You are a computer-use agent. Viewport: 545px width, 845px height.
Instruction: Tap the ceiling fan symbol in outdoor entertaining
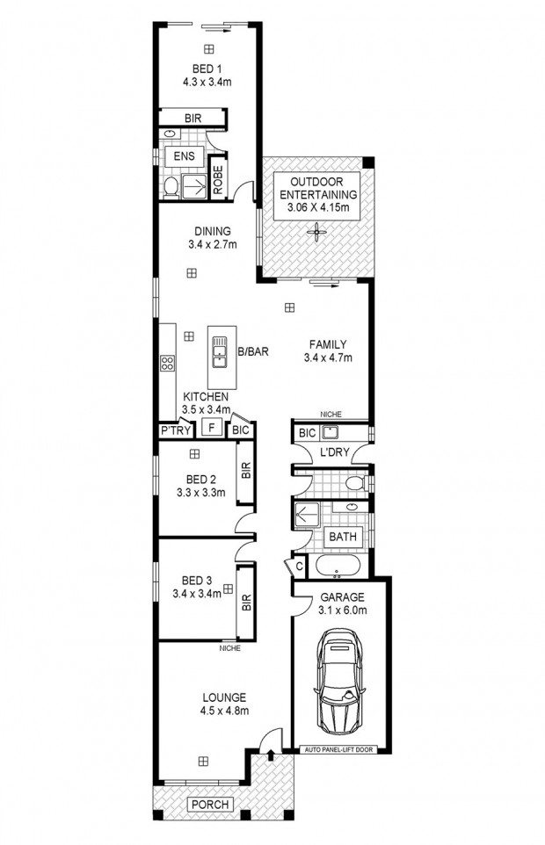316,234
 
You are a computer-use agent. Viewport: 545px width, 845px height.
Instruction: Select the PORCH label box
211,805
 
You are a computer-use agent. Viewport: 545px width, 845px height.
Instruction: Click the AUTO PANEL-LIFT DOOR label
338,749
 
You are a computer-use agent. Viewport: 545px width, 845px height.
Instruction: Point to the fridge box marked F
212,428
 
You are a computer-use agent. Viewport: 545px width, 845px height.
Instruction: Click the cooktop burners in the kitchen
167,363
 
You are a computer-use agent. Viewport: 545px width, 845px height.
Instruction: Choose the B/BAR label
253,352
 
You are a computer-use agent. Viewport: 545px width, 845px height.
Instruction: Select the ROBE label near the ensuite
218,179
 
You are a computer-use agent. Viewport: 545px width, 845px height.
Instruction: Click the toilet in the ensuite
171,186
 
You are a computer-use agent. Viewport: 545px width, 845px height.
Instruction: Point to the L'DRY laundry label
335,452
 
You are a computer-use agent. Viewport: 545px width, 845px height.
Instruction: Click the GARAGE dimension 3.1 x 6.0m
342,610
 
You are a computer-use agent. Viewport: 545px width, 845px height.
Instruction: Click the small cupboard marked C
299,567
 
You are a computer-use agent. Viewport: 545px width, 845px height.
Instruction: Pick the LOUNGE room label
224,697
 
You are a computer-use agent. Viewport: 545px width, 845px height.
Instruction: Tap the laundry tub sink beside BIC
329,432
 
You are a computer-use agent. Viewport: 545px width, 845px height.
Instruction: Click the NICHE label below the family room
331,415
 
